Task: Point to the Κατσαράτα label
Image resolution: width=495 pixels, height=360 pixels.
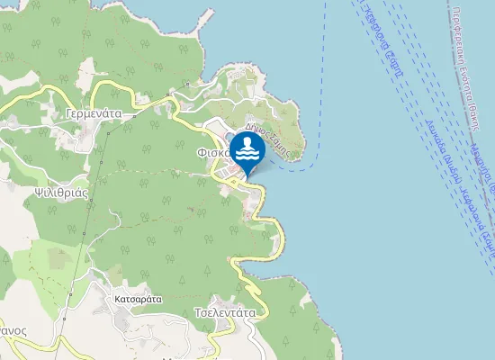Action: [138, 298]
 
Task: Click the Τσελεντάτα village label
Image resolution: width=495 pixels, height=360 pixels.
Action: [225, 313]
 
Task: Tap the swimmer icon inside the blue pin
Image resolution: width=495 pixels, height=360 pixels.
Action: [247, 148]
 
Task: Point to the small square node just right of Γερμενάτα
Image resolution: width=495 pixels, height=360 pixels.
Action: [132, 115]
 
